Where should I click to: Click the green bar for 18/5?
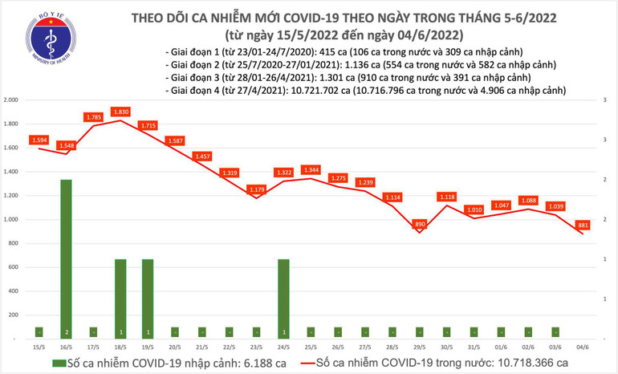[120, 298]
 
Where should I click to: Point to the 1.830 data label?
[120, 112]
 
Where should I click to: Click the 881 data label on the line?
[584, 225]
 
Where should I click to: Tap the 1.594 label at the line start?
[39, 140]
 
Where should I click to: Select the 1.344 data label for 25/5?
[311, 169]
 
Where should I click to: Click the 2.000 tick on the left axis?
[11, 100]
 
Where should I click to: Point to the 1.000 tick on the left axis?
[11, 219]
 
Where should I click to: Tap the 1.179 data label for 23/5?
[257, 189]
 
